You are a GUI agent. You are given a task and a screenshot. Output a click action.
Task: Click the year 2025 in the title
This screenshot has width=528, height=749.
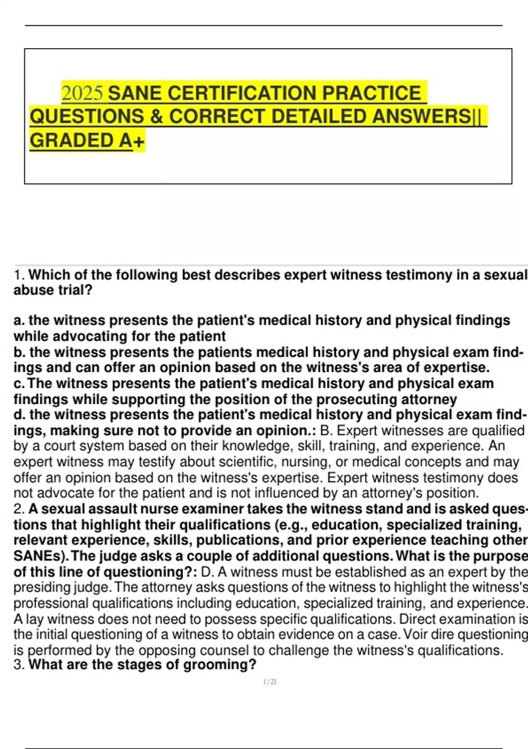(83, 93)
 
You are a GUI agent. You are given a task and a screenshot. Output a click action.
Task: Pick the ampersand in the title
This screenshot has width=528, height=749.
(156, 117)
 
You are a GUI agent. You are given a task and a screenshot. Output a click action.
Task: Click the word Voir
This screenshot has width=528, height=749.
(417, 634)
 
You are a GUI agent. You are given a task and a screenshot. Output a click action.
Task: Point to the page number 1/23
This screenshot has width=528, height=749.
(269, 682)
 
